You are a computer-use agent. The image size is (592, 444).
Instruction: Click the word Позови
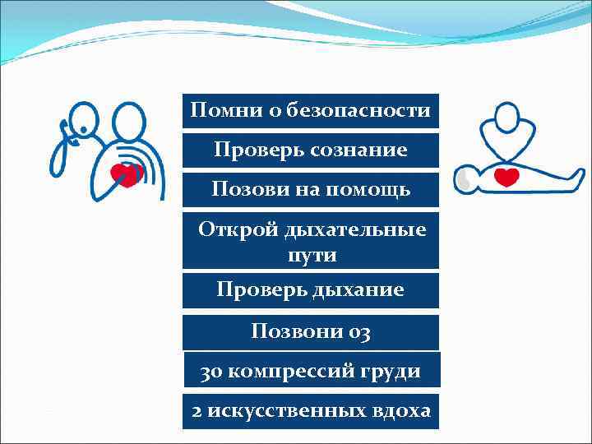[243, 190]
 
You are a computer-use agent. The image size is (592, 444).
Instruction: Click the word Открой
[238, 229]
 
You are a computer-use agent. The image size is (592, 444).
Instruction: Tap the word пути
[312, 255]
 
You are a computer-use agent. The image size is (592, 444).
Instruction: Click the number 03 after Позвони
[358, 332]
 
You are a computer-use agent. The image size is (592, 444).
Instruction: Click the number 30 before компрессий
[211, 372]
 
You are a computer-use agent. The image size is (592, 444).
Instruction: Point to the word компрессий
[288, 372]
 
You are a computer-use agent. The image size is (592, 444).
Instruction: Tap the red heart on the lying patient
[506, 177]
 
